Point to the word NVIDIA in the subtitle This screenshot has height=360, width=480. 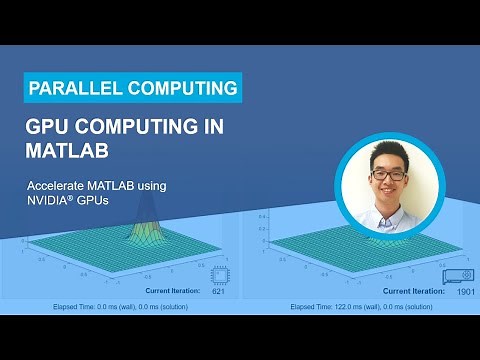50,199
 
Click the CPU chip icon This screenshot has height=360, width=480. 220,277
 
